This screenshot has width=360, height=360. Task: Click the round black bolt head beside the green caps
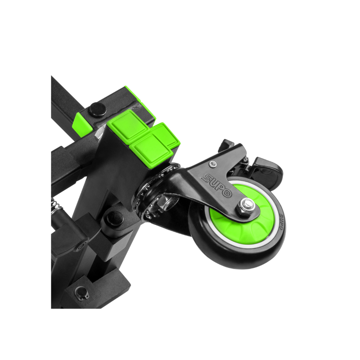click(96, 108)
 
